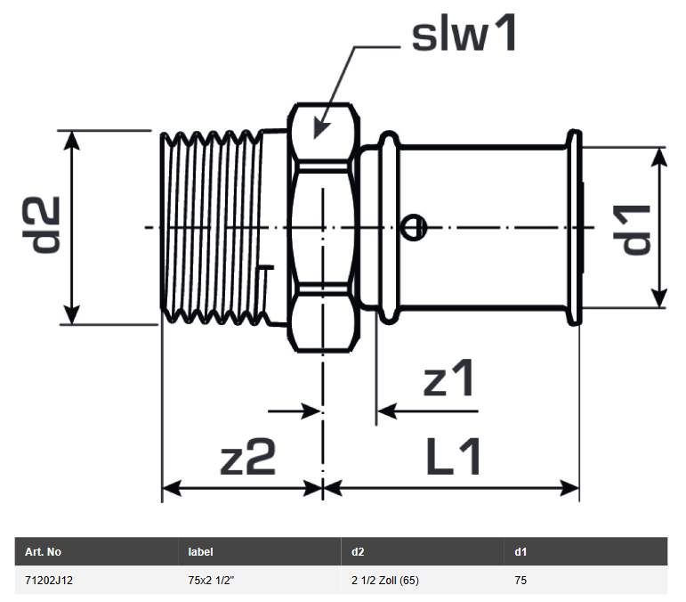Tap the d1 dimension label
[x=636, y=229]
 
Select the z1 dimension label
[x=449, y=380]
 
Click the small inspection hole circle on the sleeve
[x=410, y=229]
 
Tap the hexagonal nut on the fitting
[x=322, y=227]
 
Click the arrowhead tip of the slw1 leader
[x=317, y=135]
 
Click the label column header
[x=201, y=552]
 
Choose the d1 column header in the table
[x=521, y=552]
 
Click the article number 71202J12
[x=51, y=580]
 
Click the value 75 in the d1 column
[x=521, y=580]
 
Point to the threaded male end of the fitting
[x=214, y=227]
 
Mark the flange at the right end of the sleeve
[x=575, y=227]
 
